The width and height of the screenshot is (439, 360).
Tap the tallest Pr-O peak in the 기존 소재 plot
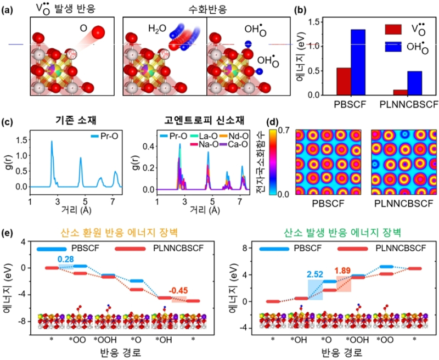52,142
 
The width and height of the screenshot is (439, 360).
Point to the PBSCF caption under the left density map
323,206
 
